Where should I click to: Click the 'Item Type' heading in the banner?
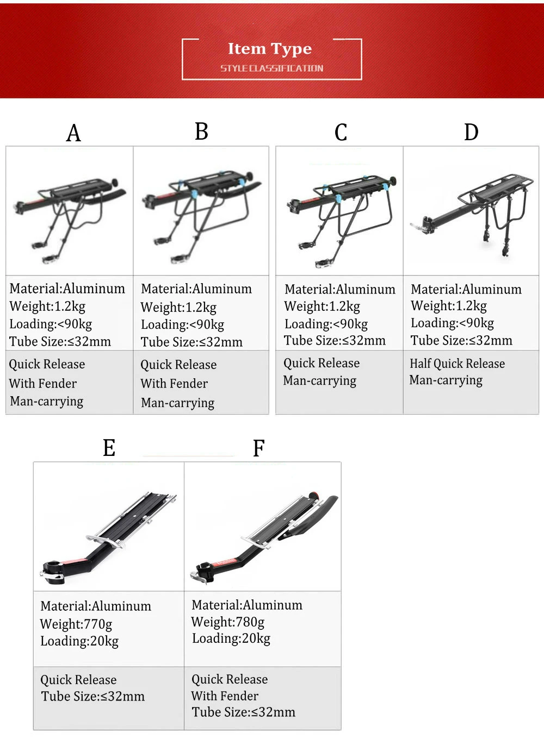(270, 49)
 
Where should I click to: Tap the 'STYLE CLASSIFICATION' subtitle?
(272, 68)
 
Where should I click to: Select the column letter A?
(73, 133)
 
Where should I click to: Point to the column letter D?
(471, 132)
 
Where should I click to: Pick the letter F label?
(258, 448)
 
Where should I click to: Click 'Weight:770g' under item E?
(76, 624)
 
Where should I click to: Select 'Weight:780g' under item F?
(227, 622)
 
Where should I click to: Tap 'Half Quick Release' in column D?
(457, 364)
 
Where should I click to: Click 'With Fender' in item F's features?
(225, 696)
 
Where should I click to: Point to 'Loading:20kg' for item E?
(79, 641)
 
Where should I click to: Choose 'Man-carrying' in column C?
(320, 381)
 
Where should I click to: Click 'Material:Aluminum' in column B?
(196, 289)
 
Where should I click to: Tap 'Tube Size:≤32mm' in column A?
(60, 341)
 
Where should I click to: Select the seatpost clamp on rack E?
(52, 573)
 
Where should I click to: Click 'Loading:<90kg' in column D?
(453, 323)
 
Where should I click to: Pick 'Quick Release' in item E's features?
(78, 680)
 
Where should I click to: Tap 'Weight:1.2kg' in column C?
(322, 306)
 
